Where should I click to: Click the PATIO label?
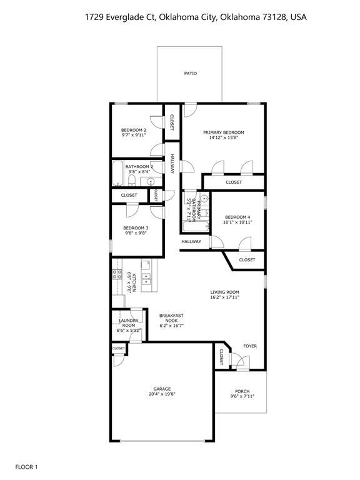click(191, 74)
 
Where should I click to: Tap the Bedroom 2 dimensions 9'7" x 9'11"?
click(133, 134)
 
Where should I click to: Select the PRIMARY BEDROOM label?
click(223, 132)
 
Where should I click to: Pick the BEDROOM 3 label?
click(135, 228)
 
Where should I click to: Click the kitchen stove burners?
click(116, 274)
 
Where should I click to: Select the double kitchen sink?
click(146, 278)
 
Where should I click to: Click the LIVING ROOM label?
click(224, 292)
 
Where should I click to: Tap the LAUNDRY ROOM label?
click(128, 323)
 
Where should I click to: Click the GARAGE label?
click(162, 389)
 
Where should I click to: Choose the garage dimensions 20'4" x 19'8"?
click(162, 394)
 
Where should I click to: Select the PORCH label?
click(242, 391)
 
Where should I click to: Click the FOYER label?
click(250, 346)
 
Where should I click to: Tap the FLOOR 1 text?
click(27, 466)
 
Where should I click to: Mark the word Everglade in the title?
click(125, 18)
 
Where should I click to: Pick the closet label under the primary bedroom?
click(234, 182)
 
